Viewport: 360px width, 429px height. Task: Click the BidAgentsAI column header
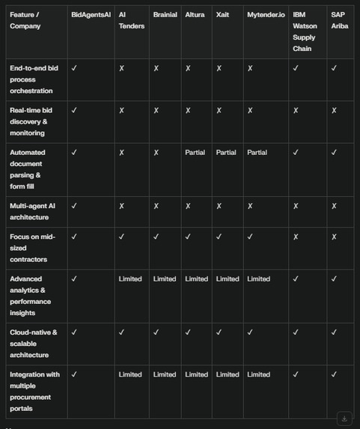click(x=90, y=14)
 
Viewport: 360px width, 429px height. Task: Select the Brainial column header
click(x=165, y=14)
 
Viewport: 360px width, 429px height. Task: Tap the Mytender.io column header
click(x=265, y=14)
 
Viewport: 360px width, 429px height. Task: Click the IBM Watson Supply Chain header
click(x=304, y=31)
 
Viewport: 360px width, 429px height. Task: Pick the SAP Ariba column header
click(x=340, y=20)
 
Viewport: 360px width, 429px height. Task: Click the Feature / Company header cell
click(x=25, y=20)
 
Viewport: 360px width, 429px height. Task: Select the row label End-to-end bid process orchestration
click(x=34, y=79)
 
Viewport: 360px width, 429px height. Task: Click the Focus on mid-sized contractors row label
click(x=33, y=248)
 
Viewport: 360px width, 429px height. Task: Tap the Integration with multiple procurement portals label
click(x=34, y=391)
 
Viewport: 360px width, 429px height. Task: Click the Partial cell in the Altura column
click(x=195, y=153)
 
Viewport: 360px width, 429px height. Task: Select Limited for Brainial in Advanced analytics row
click(x=165, y=279)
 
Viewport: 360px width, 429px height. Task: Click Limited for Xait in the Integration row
click(x=228, y=374)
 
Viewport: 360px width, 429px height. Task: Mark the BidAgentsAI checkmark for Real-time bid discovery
click(x=74, y=111)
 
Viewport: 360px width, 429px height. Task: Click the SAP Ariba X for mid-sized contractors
click(x=334, y=237)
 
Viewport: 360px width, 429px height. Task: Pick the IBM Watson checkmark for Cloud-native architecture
click(x=296, y=332)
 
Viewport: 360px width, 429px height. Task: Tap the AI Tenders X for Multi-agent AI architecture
click(x=121, y=206)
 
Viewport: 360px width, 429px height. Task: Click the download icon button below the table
click(x=344, y=419)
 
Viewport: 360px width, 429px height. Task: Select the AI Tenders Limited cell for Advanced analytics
click(x=129, y=279)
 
